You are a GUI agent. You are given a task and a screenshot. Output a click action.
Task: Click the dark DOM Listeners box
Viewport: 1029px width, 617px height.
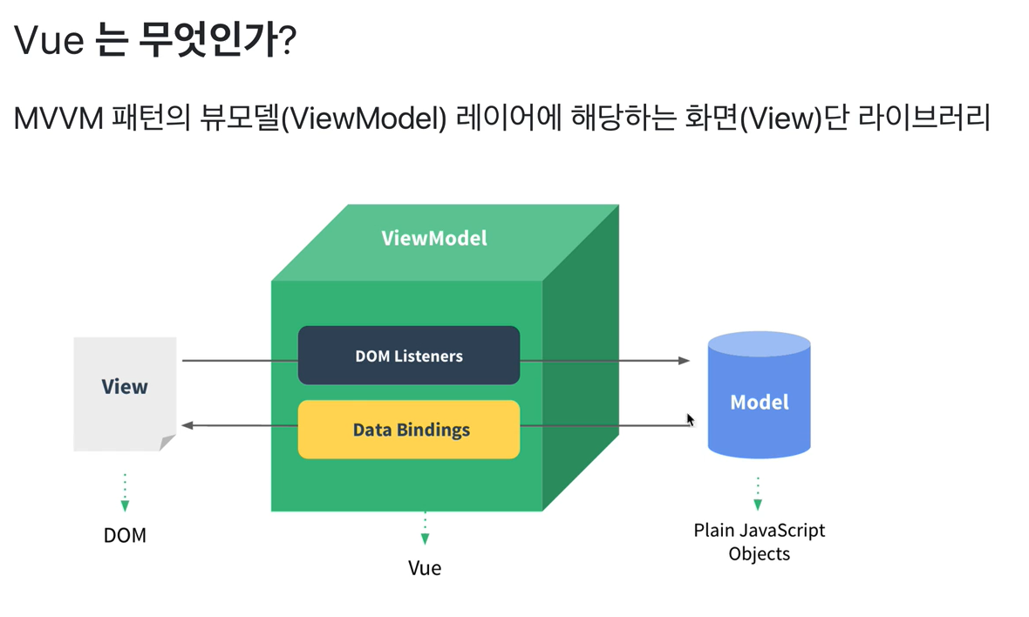408,356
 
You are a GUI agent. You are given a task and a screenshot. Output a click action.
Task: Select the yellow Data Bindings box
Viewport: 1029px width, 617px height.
408,430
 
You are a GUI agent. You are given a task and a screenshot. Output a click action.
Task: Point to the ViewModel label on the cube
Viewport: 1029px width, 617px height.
434,238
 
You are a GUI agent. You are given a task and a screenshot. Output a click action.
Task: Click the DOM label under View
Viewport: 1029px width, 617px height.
125,535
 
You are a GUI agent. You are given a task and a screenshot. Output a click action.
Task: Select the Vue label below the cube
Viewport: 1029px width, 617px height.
425,568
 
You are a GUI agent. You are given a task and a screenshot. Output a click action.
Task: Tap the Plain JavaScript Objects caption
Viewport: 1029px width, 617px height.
759,541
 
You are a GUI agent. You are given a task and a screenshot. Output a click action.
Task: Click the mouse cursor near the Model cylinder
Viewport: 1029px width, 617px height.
690,420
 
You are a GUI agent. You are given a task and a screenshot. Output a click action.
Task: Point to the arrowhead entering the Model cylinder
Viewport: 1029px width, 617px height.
685,360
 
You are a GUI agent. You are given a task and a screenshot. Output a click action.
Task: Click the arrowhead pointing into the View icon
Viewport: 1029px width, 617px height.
187,425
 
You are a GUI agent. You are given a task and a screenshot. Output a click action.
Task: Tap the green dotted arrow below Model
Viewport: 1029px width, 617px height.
758,494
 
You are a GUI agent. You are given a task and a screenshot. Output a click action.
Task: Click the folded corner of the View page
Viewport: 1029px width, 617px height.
167,443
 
